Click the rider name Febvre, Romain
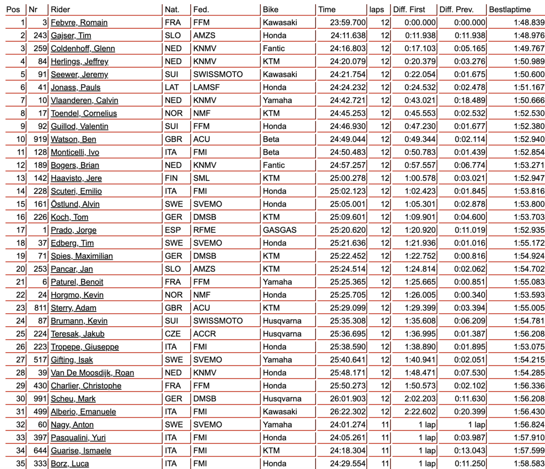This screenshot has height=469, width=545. coord(79,22)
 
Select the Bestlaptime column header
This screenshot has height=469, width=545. coord(510,9)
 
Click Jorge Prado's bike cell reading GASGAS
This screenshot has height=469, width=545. coord(279,230)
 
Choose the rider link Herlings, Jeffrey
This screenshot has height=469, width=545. coord(79,61)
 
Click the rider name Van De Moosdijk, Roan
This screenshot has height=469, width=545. coord(92,373)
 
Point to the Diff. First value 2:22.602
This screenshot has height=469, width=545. coord(420,412)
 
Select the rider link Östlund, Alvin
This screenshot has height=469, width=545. coord(75,204)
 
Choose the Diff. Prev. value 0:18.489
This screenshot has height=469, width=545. coord(470,100)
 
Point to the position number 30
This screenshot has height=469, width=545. coord(20,399)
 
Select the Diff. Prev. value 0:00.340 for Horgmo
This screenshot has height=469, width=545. coord(470,295)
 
